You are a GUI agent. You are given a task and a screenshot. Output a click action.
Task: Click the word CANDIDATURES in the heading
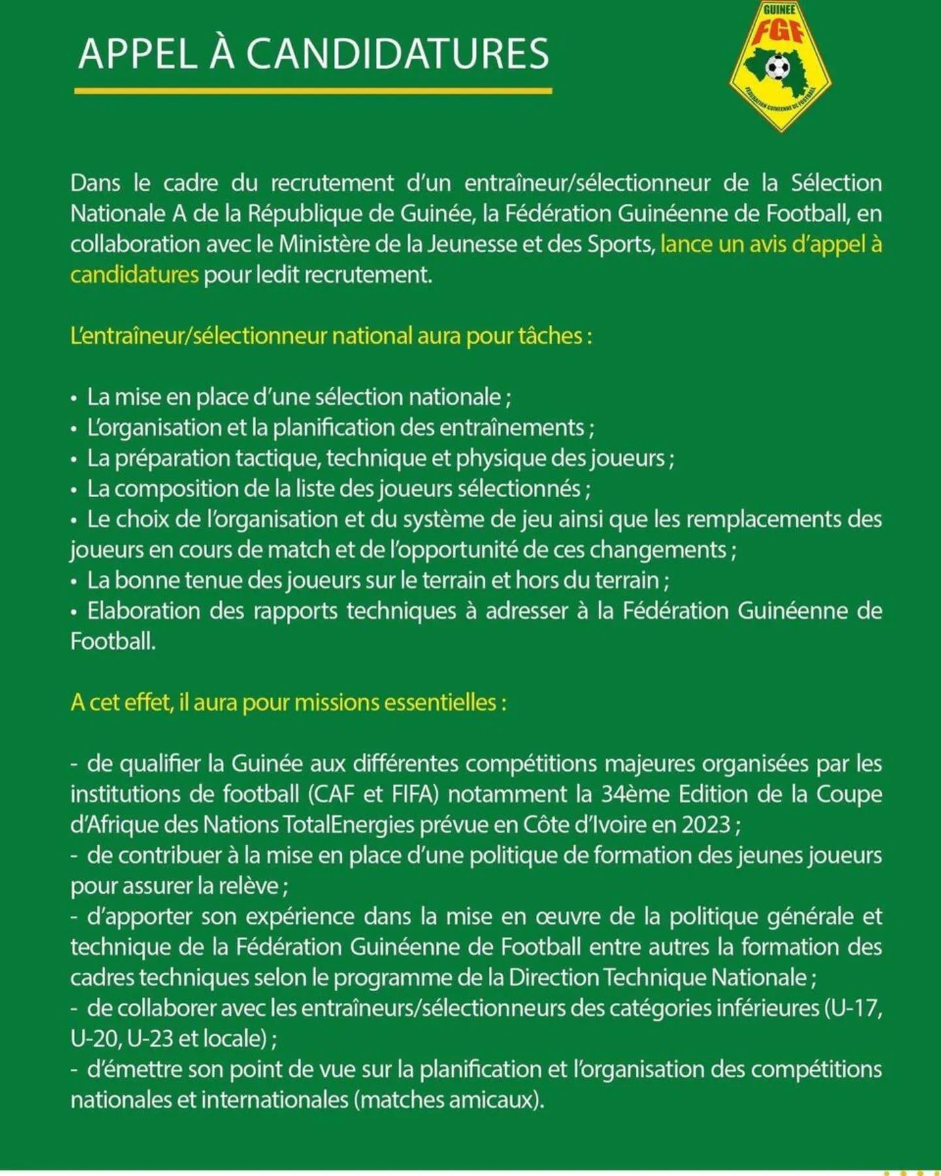[397, 54]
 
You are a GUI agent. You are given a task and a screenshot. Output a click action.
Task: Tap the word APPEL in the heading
[138, 54]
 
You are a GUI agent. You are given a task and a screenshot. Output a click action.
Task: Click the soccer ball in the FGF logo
[777, 66]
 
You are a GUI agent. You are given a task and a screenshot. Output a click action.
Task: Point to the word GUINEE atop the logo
[779, 10]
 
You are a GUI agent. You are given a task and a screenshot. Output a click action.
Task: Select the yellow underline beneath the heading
[313, 91]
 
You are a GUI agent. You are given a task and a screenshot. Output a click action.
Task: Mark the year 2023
[706, 825]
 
